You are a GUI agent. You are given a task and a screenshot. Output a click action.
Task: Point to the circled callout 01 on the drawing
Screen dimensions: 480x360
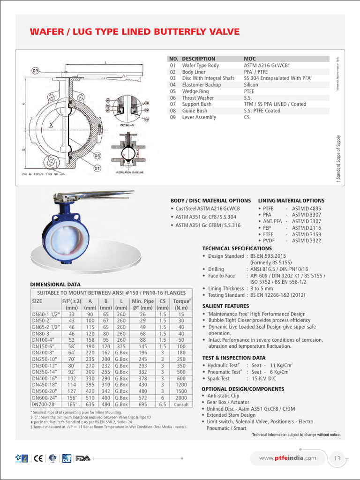(x=97, y=167)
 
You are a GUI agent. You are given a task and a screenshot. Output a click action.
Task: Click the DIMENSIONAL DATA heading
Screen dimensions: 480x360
(x=55, y=284)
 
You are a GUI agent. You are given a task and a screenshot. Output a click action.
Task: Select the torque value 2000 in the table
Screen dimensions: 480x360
(x=181, y=397)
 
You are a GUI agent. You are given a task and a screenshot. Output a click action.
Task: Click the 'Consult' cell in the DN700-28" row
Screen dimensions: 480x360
(x=181, y=405)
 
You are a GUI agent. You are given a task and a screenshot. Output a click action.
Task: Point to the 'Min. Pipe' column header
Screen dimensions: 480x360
(x=143, y=301)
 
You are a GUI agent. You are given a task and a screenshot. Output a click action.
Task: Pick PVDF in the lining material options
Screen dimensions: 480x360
(x=269, y=240)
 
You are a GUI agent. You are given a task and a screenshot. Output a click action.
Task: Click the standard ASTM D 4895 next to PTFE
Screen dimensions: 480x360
(x=307, y=208)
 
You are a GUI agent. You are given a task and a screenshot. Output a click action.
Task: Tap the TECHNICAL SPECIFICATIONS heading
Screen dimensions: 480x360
(x=237, y=248)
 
